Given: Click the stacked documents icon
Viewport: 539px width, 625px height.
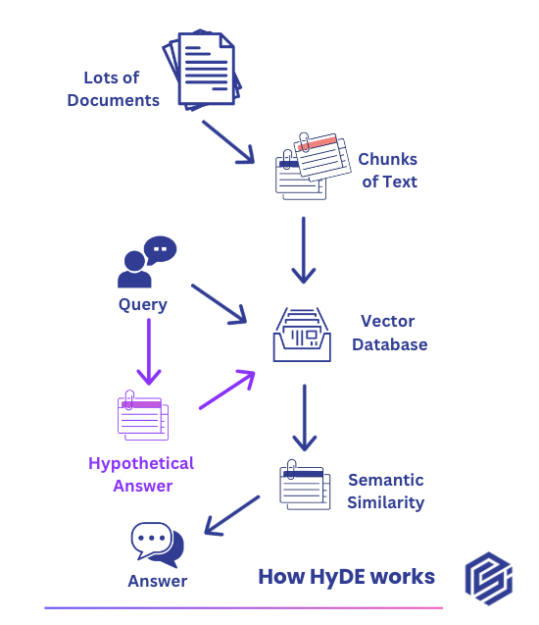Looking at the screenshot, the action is click(x=202, y=70).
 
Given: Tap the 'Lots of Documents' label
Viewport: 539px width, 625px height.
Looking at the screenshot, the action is click(x=113, y=89).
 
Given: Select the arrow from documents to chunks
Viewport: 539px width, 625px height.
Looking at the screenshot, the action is click(x=228, y=142).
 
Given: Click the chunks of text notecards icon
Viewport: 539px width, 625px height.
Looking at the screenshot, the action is click(x=314, y=166).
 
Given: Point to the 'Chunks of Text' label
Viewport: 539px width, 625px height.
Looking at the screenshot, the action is click(x=388, y=170).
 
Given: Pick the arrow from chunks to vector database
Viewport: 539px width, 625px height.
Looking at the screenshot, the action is click(x=304, y=250).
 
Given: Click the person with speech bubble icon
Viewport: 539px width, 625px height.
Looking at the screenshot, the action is click(x=147, y=261).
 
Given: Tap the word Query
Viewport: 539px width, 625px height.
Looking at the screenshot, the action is click(x=143, y=305).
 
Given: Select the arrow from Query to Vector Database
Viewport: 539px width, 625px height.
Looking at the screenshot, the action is click(x=219, y=304).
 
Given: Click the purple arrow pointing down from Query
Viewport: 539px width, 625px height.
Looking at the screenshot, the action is click(x=149, y=351).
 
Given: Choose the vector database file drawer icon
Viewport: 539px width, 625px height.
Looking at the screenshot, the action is click(x=302, y=335).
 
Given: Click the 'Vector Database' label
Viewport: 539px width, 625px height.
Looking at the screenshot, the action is click(x=389, y=333).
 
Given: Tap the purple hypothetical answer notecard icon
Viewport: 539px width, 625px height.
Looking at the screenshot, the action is click(x=143, y=415).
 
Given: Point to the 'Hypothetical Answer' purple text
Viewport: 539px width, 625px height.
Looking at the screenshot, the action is click(x=141, y=474).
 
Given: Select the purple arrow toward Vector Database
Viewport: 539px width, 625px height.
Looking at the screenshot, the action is click(x=227, y=390).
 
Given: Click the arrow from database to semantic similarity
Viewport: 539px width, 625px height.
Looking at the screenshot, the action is click(x=305, y=417).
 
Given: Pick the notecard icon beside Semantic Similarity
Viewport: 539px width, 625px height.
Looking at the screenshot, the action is click(x=305, y=485).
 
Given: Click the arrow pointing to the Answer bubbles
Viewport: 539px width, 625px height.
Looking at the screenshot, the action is click(x=231, y=515).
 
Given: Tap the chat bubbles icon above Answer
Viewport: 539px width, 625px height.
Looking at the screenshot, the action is click(x=158, y=545).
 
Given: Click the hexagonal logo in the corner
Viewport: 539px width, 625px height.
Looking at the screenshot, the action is click(x=489, y=578).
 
